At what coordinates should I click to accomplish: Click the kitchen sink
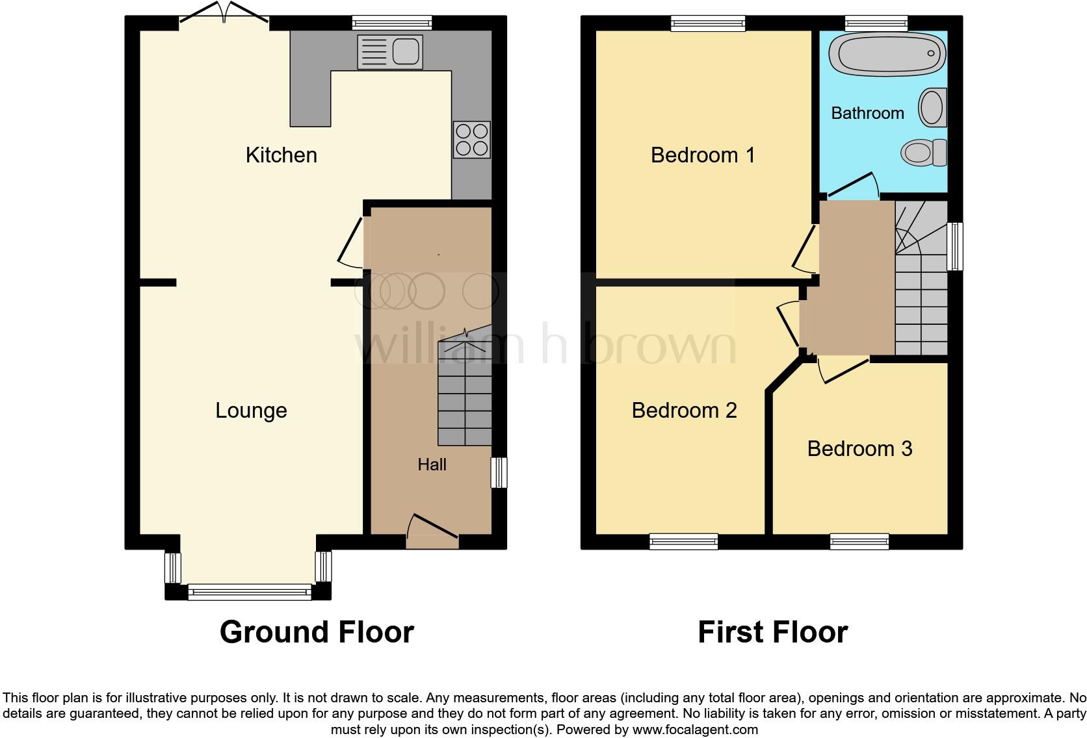coord(390,52)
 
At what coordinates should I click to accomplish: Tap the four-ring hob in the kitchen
coord(472,140)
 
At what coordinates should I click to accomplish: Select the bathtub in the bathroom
coord(887,53)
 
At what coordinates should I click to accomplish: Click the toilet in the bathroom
coord(924,153)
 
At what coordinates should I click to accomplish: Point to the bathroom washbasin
coord(932,108)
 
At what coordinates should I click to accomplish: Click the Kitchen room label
coord(282,155)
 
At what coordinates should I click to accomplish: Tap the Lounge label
coord(251,411)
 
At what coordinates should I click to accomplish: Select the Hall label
coord(432,464)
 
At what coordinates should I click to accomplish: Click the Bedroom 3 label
coord(859,449)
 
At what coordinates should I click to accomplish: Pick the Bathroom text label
coord(867,113)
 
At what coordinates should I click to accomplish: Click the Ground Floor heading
coord(317,632)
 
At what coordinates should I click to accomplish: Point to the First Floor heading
coord(772,632)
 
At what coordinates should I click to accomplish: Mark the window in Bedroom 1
coord(708,24)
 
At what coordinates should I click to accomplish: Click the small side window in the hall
coord(499,472)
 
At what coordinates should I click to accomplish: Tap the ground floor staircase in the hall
coord(464,396)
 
